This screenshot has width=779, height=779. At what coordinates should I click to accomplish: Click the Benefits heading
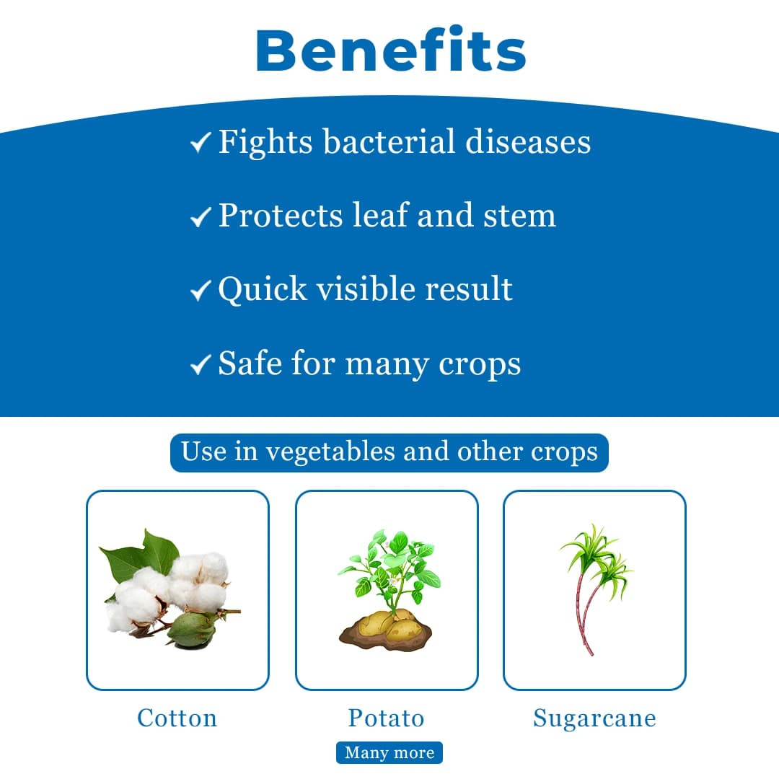pos(390,50)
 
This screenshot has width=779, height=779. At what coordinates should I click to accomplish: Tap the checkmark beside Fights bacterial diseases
pos(201,142)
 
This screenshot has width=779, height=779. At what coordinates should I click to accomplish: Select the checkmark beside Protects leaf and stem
pos(201,216)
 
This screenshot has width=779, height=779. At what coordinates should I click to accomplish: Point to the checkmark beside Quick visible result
pos(201,290)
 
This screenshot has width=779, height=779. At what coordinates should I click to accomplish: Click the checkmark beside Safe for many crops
pos(201,365)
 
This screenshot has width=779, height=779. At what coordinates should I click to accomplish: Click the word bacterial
pos(389,141)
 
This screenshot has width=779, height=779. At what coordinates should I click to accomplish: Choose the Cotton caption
pos(177,718)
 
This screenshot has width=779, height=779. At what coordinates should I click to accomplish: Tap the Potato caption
pos(386,718)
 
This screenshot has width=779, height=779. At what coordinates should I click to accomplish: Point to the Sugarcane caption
pos(594,718)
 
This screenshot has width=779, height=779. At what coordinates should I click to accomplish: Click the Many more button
pos(389,752)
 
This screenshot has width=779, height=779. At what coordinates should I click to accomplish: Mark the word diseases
pos(528,141)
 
